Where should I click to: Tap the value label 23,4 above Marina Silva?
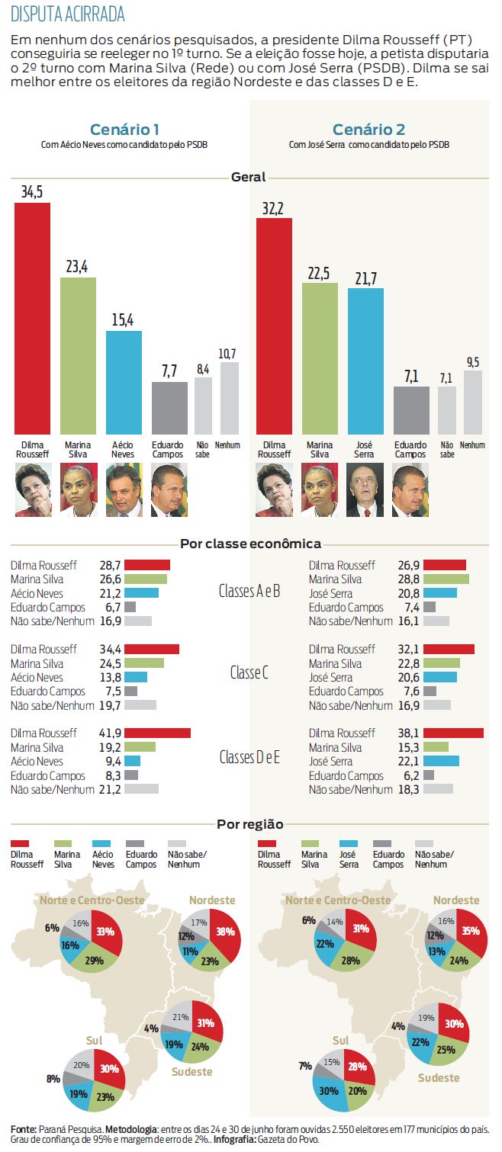point(78,267)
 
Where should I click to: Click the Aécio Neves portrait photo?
point(124,491)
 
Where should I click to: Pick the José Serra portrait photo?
point(365,491)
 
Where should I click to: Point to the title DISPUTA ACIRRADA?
point(68,14)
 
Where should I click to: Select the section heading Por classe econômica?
point(250,544)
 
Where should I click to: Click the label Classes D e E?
point(249,757)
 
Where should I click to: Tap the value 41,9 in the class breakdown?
point(110,733)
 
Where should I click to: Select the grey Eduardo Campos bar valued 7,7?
point(169,407)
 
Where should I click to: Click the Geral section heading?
point(249,177)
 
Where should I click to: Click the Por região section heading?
point(250,824)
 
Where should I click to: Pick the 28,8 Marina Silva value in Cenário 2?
point(409,579)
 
